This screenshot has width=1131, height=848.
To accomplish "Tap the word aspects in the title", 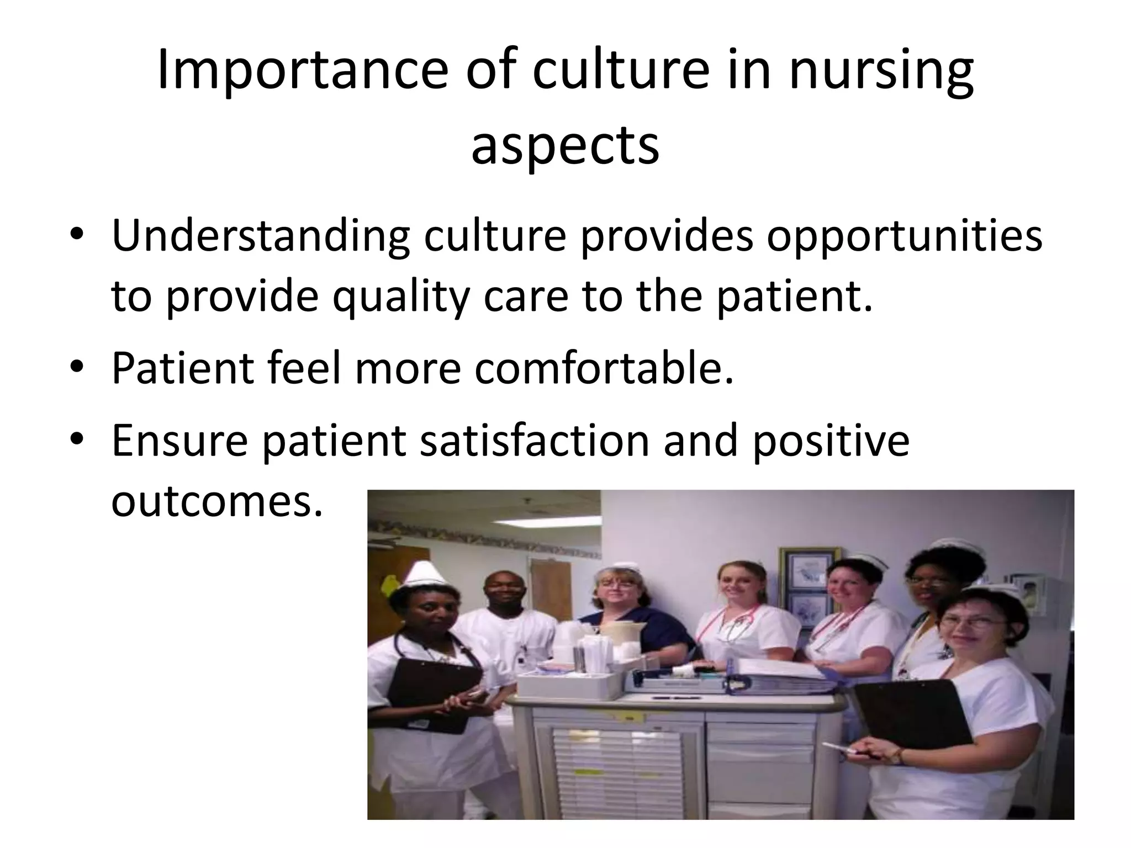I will pyautogui.click(x=565, y=145).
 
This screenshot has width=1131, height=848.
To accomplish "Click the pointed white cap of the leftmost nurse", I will pyautogui.click(x=422, y=579).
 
